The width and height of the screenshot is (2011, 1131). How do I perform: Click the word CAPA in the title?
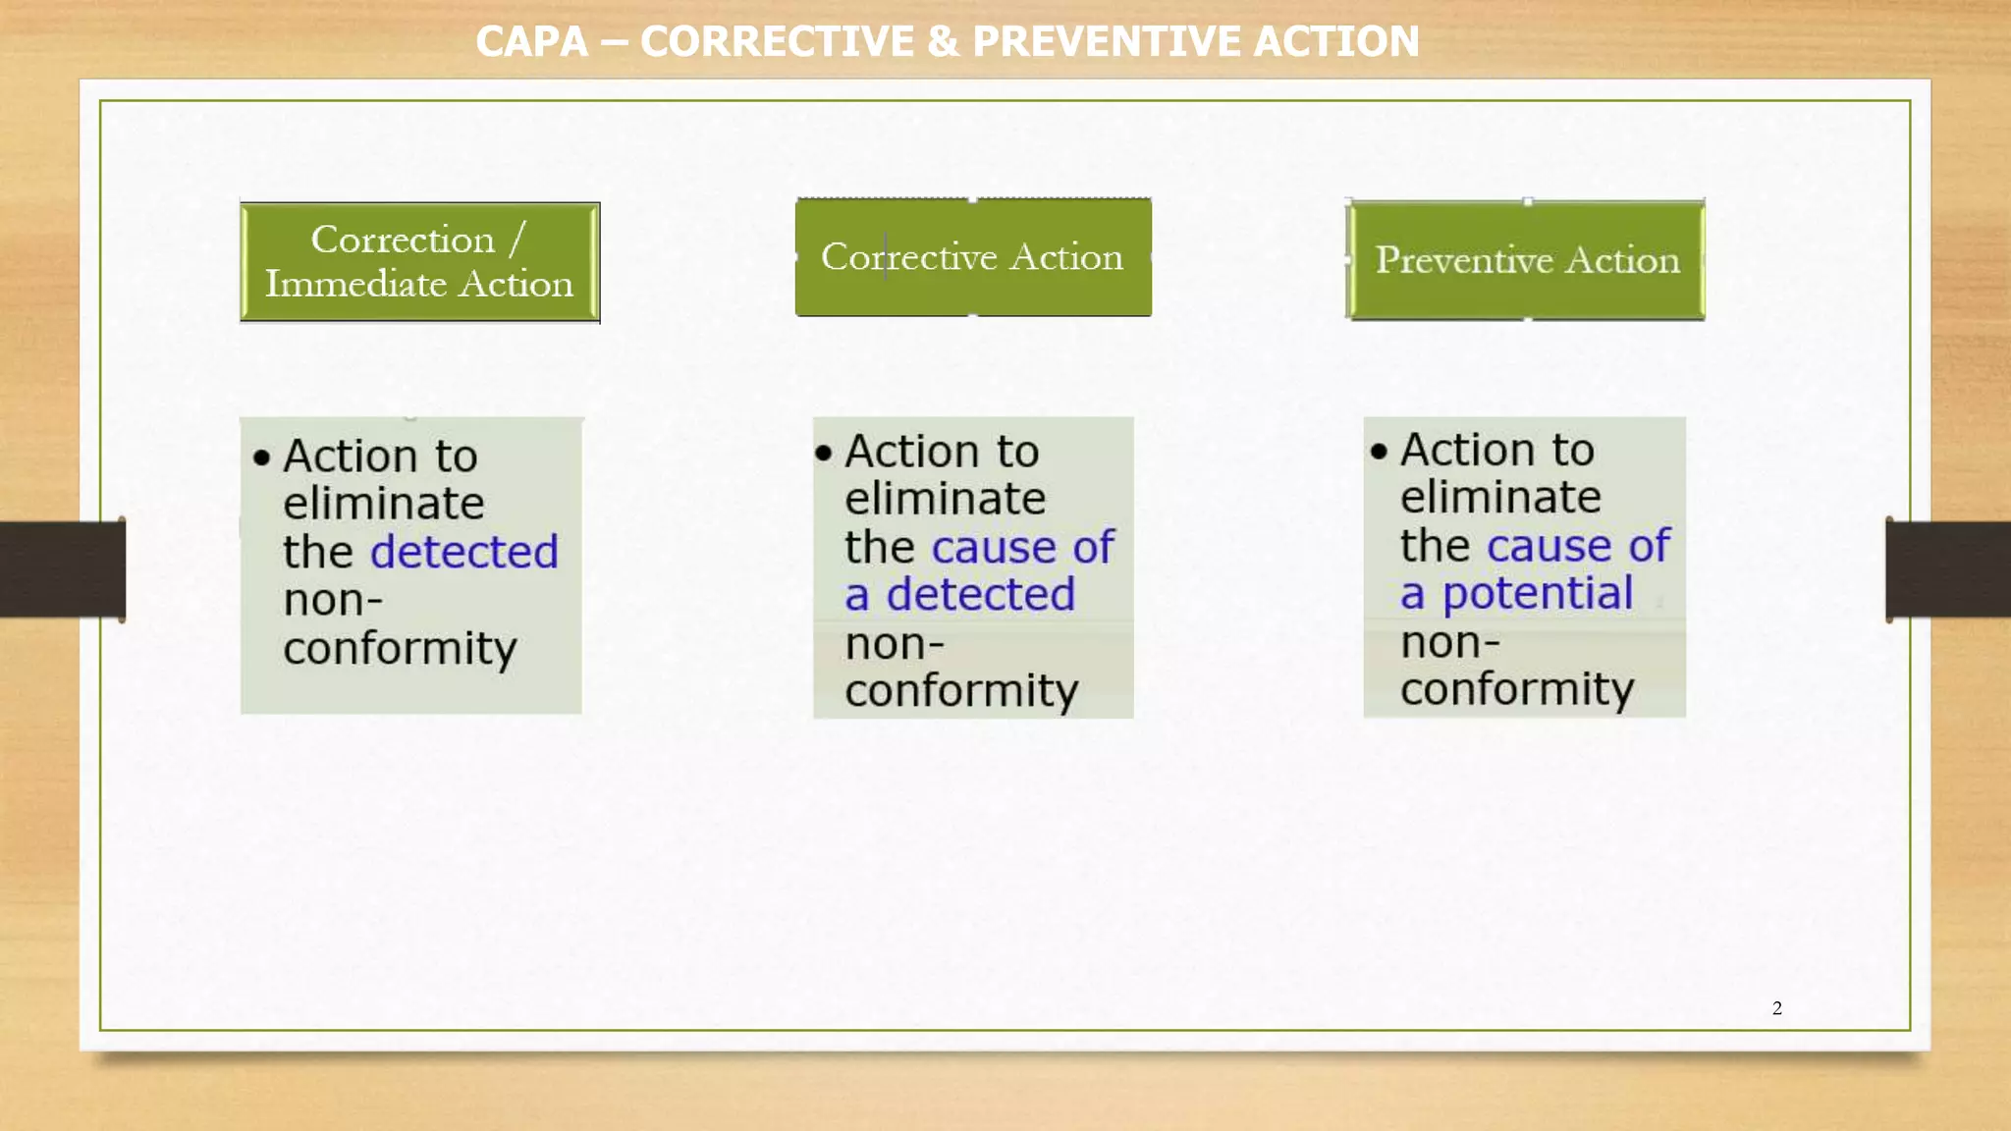coord(531,41)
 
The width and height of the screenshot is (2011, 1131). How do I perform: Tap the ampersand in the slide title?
coord(943,41)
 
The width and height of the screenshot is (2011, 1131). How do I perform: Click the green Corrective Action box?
coord(972,257)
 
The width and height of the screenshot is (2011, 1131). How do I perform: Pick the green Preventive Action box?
coord(1525,260)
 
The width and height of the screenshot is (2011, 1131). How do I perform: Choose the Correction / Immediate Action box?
coord(419,262)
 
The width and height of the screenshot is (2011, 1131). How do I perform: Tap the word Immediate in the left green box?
coord(355,284)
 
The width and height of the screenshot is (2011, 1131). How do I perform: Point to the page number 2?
coord(1776,1008)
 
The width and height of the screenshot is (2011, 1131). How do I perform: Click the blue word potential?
coord(1537,594)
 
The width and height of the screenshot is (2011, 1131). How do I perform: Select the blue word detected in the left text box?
coord(463,552)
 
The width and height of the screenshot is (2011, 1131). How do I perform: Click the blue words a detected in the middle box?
coord(959,595)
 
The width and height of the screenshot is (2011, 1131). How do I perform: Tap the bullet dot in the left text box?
coord(261,458)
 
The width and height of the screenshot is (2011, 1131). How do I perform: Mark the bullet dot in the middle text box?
coord(823,453)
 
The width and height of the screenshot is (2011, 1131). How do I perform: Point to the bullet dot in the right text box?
coord(1379,452)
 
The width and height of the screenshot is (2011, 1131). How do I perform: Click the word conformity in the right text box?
coord(1516,689)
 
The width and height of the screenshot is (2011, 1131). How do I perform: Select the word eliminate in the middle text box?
coord(945,499)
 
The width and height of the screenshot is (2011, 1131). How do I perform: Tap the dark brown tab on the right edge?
coord(1948,569)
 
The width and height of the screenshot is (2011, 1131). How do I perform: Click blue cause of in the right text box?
coord(1578,546)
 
